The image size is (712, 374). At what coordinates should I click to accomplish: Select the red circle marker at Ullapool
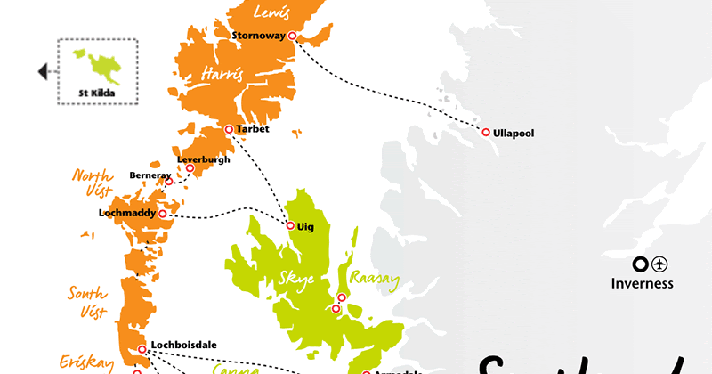[x=486, y=132]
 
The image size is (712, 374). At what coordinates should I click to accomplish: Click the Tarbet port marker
[x=229, y=129]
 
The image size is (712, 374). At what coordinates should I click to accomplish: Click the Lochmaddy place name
[x=127, y=214]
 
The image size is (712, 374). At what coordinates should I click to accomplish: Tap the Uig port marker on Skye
[x=290, y=225]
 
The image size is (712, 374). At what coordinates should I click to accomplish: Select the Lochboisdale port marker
[x=142, y=349]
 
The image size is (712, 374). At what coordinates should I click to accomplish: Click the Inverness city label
[x=643, y=284]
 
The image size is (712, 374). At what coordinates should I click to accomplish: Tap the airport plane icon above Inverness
[x=659, y=264]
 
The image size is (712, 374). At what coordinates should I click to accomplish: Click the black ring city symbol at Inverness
[x=639, y=264]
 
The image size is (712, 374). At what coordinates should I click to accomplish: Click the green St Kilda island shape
[x=91, y=63]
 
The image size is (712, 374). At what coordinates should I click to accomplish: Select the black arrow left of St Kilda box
[x=42, y=72]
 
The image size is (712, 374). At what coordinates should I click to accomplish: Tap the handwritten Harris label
[x=222, y=74]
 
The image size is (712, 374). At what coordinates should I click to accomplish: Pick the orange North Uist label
[x=93, y=183]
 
